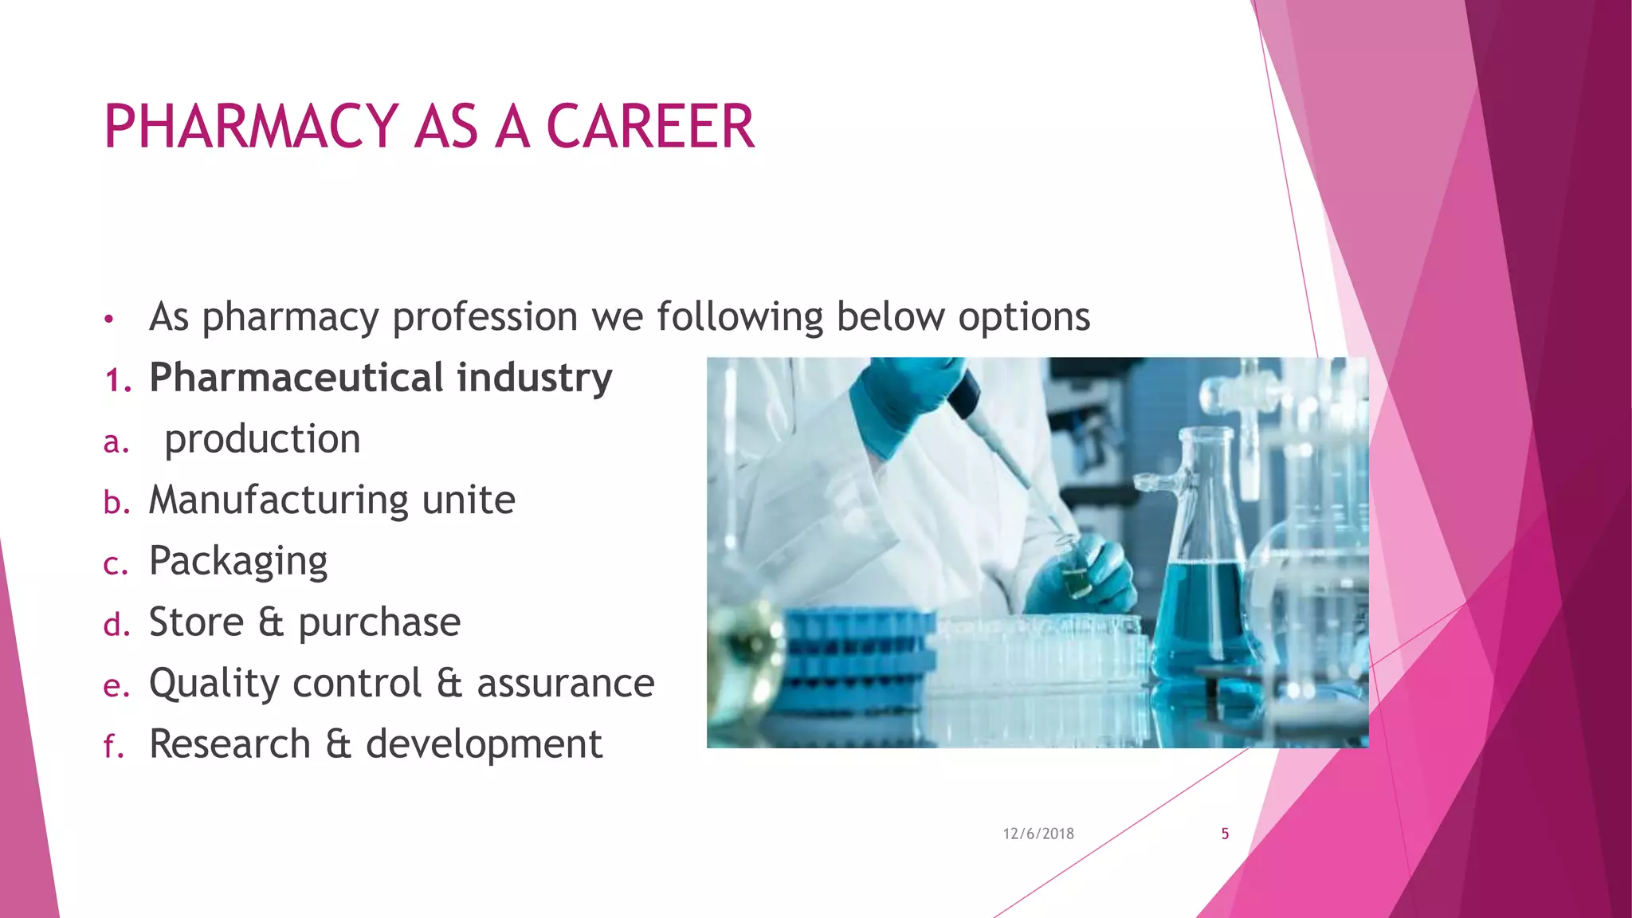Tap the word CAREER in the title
pyautogui.click(x=649, y=127)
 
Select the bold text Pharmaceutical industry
pyautogui.click(x=381, y=378)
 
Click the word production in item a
pyautogui.click(x=262, y=439)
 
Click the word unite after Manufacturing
pyautogui.click(x=469, y=500)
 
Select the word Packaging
pyautogui.click(x=238, y=562)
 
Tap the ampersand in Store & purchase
pyautogui.click(x=271, y=622)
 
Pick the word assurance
pyautogui.click(x=565, y=684)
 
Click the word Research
pyautogui.click(x=229, y=744)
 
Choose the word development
pyautogui.click(x=484, y=744)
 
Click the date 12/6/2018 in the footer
pyautogui.click(x=1038, y=834)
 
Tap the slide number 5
pyautogui.click(x=1225, y=834)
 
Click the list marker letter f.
pyautogui.click(x=112, y=747)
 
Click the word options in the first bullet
pyautogui.click(x=1024, y=316)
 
